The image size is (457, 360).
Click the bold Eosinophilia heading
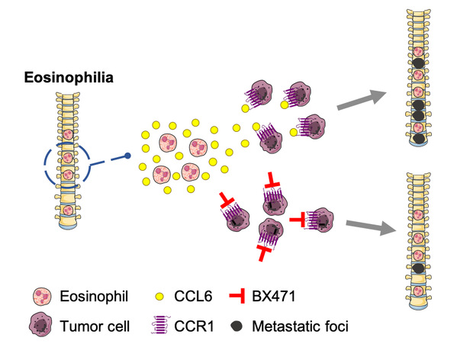tap(69, 78)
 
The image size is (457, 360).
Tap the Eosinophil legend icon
tap(42, 297)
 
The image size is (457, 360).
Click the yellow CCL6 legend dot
tap(159, 297)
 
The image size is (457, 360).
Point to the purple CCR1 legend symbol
tap(161, 325)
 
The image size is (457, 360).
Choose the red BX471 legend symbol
tap(237, 296)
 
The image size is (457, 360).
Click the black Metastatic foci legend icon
tap(237, 326)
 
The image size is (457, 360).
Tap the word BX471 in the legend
tap(274, 297)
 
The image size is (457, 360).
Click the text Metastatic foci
tap(300, 326)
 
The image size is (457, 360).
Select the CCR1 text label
tap(194, 326)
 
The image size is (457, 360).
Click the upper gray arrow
tap(362, 101)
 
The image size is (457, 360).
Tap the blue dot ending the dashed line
tap(127, 156)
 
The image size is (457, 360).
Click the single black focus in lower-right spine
tap(419, 268)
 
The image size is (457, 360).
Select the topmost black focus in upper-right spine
tap(419, 63)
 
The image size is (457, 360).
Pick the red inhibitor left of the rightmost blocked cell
tap(298, 220)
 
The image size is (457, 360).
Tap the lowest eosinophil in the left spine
tap(68, 210)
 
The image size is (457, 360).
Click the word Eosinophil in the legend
tap(94, 297)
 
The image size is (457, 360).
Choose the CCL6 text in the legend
tap(193, 297)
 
